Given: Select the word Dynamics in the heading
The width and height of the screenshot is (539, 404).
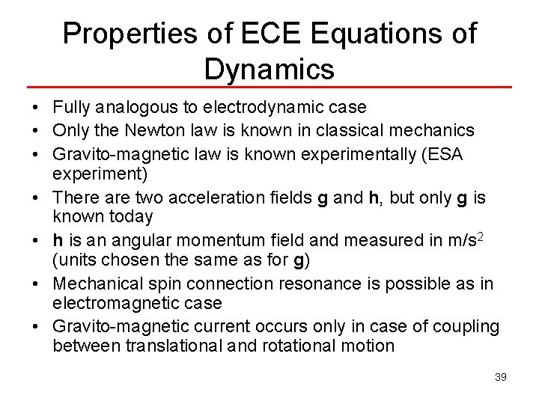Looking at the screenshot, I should [269, 69].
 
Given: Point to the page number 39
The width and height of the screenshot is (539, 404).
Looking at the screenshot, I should [501, 377].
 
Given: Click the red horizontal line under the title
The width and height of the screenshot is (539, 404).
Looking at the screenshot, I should [269, 88].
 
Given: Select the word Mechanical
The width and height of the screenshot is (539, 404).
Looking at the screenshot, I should [100, 284].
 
